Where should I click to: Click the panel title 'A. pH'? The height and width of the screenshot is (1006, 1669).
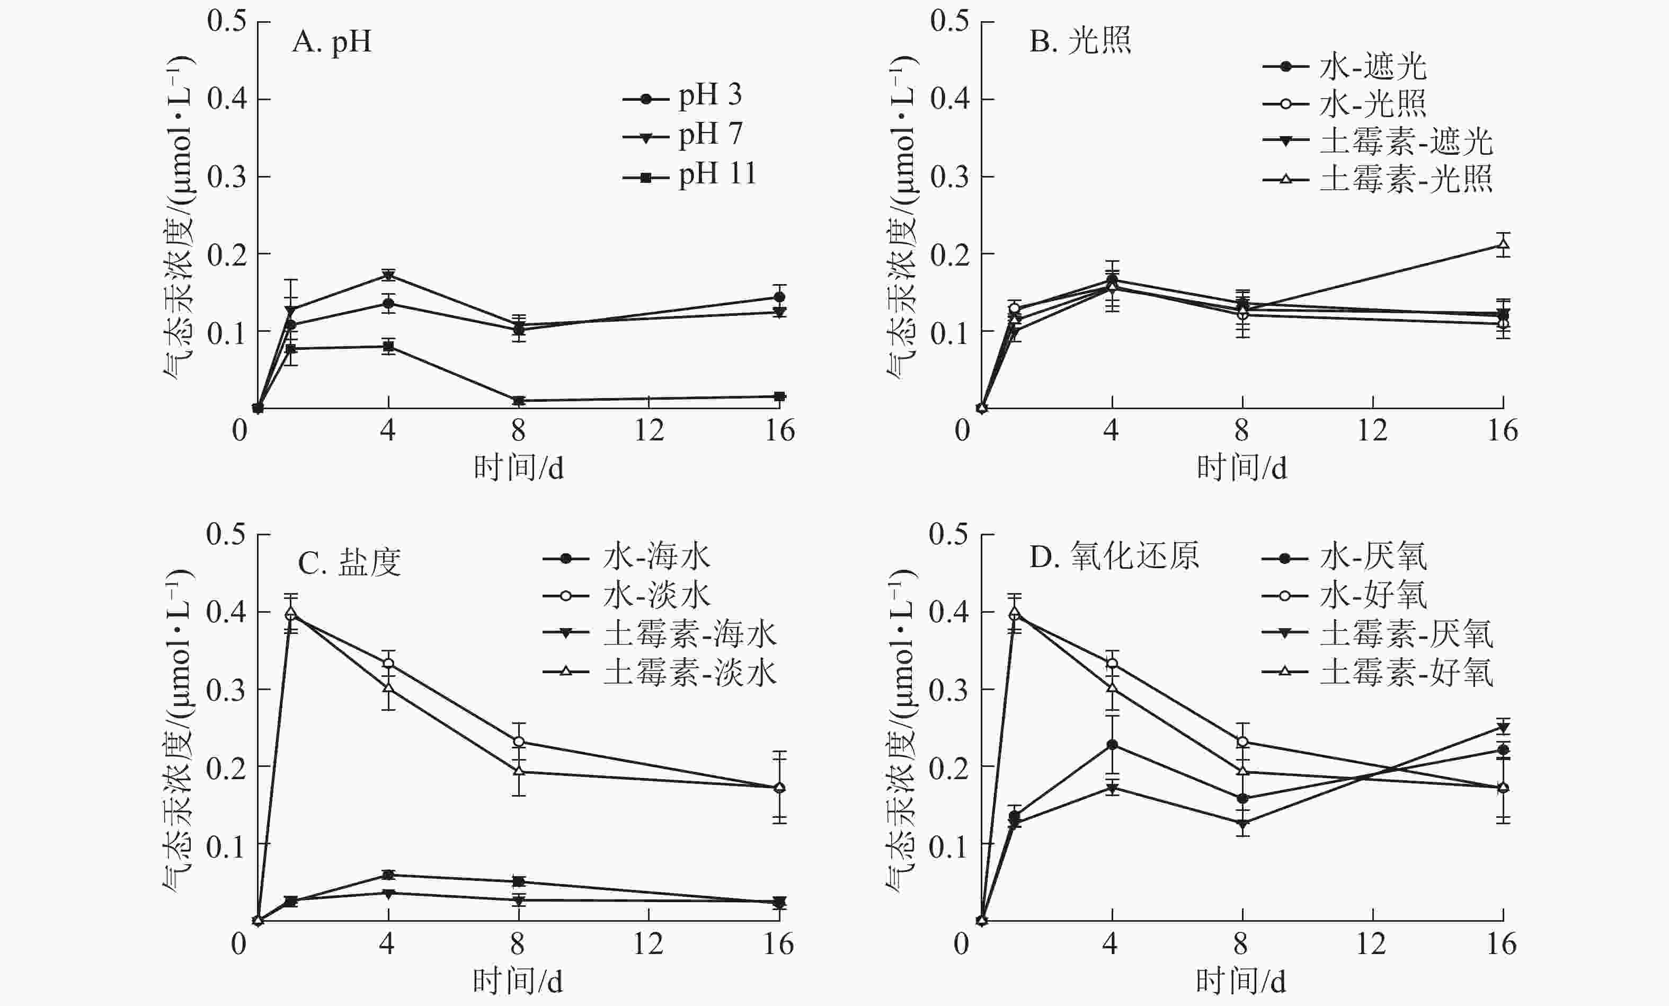(x=332, y=42)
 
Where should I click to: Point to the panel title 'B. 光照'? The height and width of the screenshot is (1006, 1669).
(x=1080, y=42)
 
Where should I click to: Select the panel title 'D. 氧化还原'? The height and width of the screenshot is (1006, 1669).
(x=1114, y=557)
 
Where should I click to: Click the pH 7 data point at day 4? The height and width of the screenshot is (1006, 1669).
(x=388, y=275)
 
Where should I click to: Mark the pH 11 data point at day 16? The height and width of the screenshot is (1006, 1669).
(x=779, y=396)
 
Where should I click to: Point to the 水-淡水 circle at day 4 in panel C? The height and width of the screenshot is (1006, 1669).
(x=388, y=663)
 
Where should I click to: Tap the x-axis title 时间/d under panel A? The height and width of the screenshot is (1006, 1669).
(x=518, y=468)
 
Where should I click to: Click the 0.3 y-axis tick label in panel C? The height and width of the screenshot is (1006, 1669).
(x=226, y=690)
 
